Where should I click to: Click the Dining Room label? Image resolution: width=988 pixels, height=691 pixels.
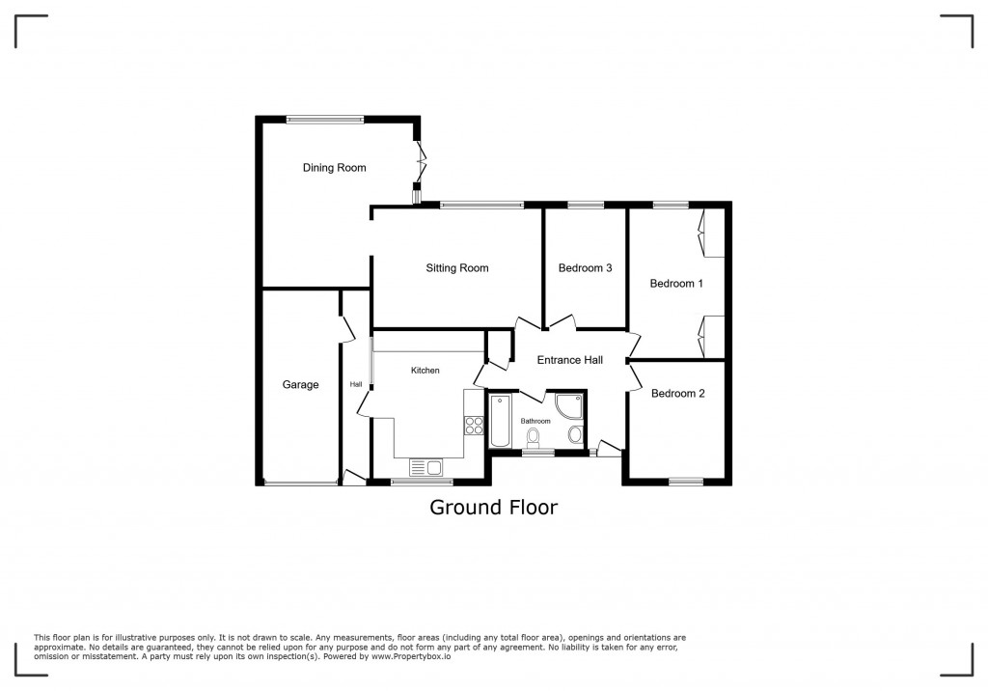[334, 168]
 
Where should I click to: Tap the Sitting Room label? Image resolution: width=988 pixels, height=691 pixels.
[457, 268]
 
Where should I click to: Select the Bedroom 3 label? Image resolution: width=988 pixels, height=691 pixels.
[586, 268]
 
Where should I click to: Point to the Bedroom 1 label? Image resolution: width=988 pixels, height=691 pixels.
[676, 284]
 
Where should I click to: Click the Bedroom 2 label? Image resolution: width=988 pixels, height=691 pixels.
[677, 394]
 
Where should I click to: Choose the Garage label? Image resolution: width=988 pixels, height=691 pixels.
[300, 385]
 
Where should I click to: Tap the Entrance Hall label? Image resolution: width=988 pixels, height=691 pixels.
[570, 360]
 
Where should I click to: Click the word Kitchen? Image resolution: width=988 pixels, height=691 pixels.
[425, 371]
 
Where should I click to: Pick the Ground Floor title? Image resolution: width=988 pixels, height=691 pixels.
[493, 508]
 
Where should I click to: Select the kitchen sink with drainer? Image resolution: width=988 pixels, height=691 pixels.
[425, 468]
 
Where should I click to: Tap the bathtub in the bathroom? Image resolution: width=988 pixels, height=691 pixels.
[500, 422]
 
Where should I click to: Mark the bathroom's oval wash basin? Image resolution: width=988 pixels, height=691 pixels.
[576, 434]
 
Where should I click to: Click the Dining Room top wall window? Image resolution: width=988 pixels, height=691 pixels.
[325, 120]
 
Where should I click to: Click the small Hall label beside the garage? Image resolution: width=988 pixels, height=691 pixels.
[356, 385]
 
